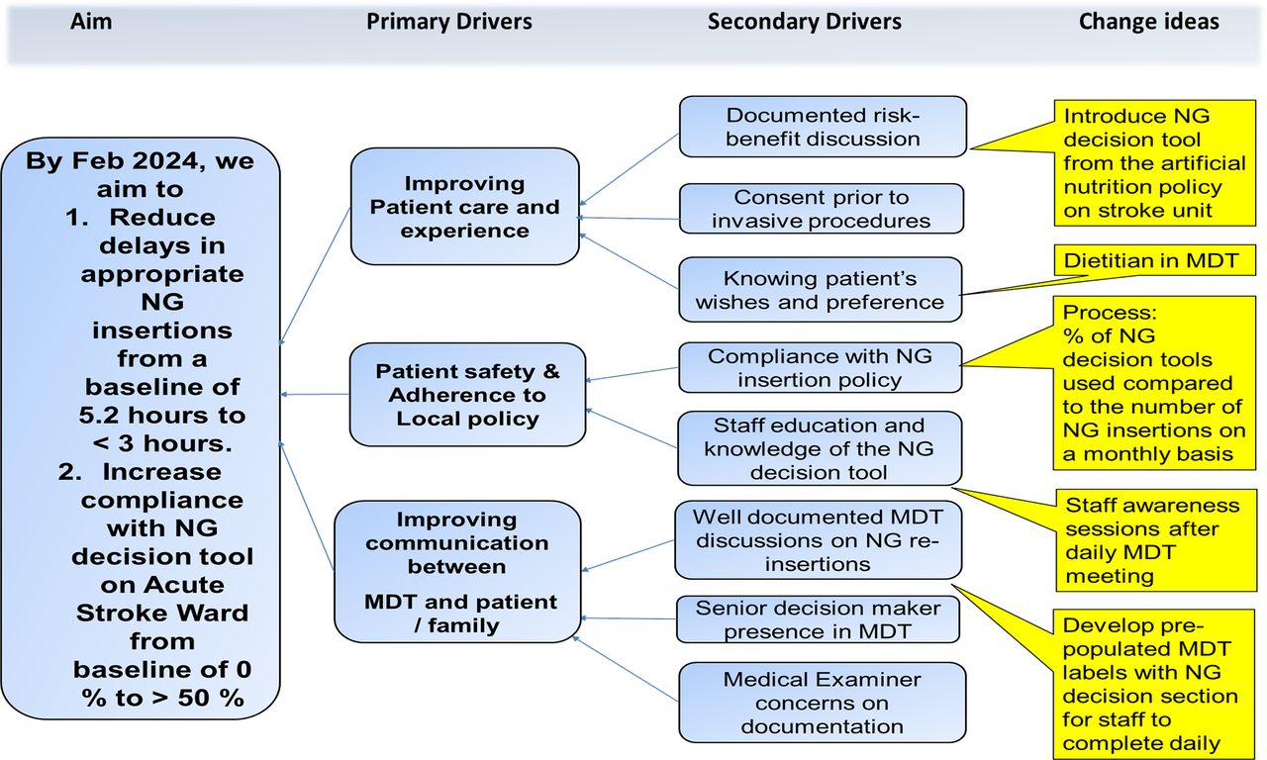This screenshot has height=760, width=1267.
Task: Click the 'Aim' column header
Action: [91, 22]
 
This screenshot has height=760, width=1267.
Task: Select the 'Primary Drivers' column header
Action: [449, 22]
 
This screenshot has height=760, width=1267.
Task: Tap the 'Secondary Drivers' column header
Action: [804, 22]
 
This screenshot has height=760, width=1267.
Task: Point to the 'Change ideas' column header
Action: [1148, 22]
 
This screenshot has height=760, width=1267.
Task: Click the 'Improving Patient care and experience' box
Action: [464, 207]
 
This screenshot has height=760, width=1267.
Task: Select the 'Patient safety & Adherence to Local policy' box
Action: [467, 395]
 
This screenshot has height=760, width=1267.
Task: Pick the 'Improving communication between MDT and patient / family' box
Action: [457, 572]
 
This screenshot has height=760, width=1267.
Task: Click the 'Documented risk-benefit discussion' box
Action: [822, 127]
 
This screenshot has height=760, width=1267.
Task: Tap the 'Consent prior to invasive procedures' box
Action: [821, 208]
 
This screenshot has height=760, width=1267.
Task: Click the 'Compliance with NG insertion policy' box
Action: [820, 367]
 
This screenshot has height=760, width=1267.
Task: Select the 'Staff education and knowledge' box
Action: [820, 448]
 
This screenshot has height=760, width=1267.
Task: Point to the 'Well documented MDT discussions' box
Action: [818, 539]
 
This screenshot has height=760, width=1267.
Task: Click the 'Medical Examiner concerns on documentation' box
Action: [822, 703]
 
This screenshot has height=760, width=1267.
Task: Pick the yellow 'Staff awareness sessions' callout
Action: [1150, 539]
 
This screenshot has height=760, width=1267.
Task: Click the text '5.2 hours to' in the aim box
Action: [163, 415]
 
